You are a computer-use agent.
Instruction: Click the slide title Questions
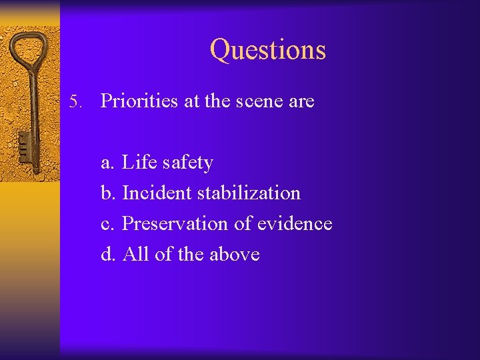point(268,49)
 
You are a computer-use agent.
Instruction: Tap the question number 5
point(75,102)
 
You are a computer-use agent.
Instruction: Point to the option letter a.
point(107,163)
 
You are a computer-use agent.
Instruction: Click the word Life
point(137,162)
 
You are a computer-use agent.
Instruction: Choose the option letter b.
point(107,193)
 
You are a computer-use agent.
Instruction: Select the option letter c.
point(107,225)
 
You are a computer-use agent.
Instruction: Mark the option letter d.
point(107,255)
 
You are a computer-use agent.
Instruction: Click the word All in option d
point(136,254)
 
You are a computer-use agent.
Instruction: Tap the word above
point(234,255)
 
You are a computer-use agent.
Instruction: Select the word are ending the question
point(299,102)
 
